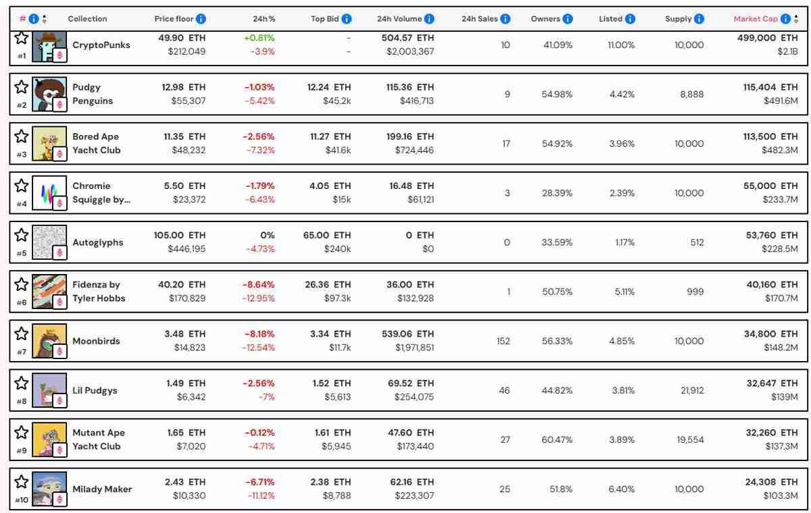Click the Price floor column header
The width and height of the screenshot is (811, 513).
coord(174,19)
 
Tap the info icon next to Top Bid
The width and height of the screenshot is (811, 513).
coord(347,19)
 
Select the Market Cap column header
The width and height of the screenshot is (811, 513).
coord(756,19)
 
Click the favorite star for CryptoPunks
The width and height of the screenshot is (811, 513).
coord(22,38)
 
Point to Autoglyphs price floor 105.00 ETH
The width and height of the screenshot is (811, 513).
coord(180,235)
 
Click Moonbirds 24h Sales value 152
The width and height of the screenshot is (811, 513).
coord(503,341)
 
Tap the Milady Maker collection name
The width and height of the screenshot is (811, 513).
coord(102,489)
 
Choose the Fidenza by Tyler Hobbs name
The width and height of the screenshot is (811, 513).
coord(99,291)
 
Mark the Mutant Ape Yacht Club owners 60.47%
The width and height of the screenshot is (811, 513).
coord(556,439)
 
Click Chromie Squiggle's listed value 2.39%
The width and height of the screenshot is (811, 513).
coord(621,193)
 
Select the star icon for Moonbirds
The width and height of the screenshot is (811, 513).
coord(22,333)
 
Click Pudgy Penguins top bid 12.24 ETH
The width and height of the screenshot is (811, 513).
coord(329,87)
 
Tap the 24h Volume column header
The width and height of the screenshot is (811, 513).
coord(399,19)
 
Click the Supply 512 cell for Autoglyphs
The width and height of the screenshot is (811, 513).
coord(697,242)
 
